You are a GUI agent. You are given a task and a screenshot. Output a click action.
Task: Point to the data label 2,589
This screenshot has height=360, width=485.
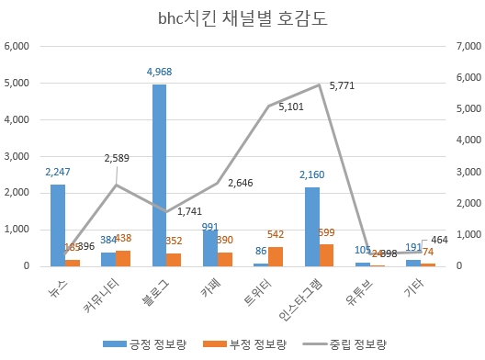117,158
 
